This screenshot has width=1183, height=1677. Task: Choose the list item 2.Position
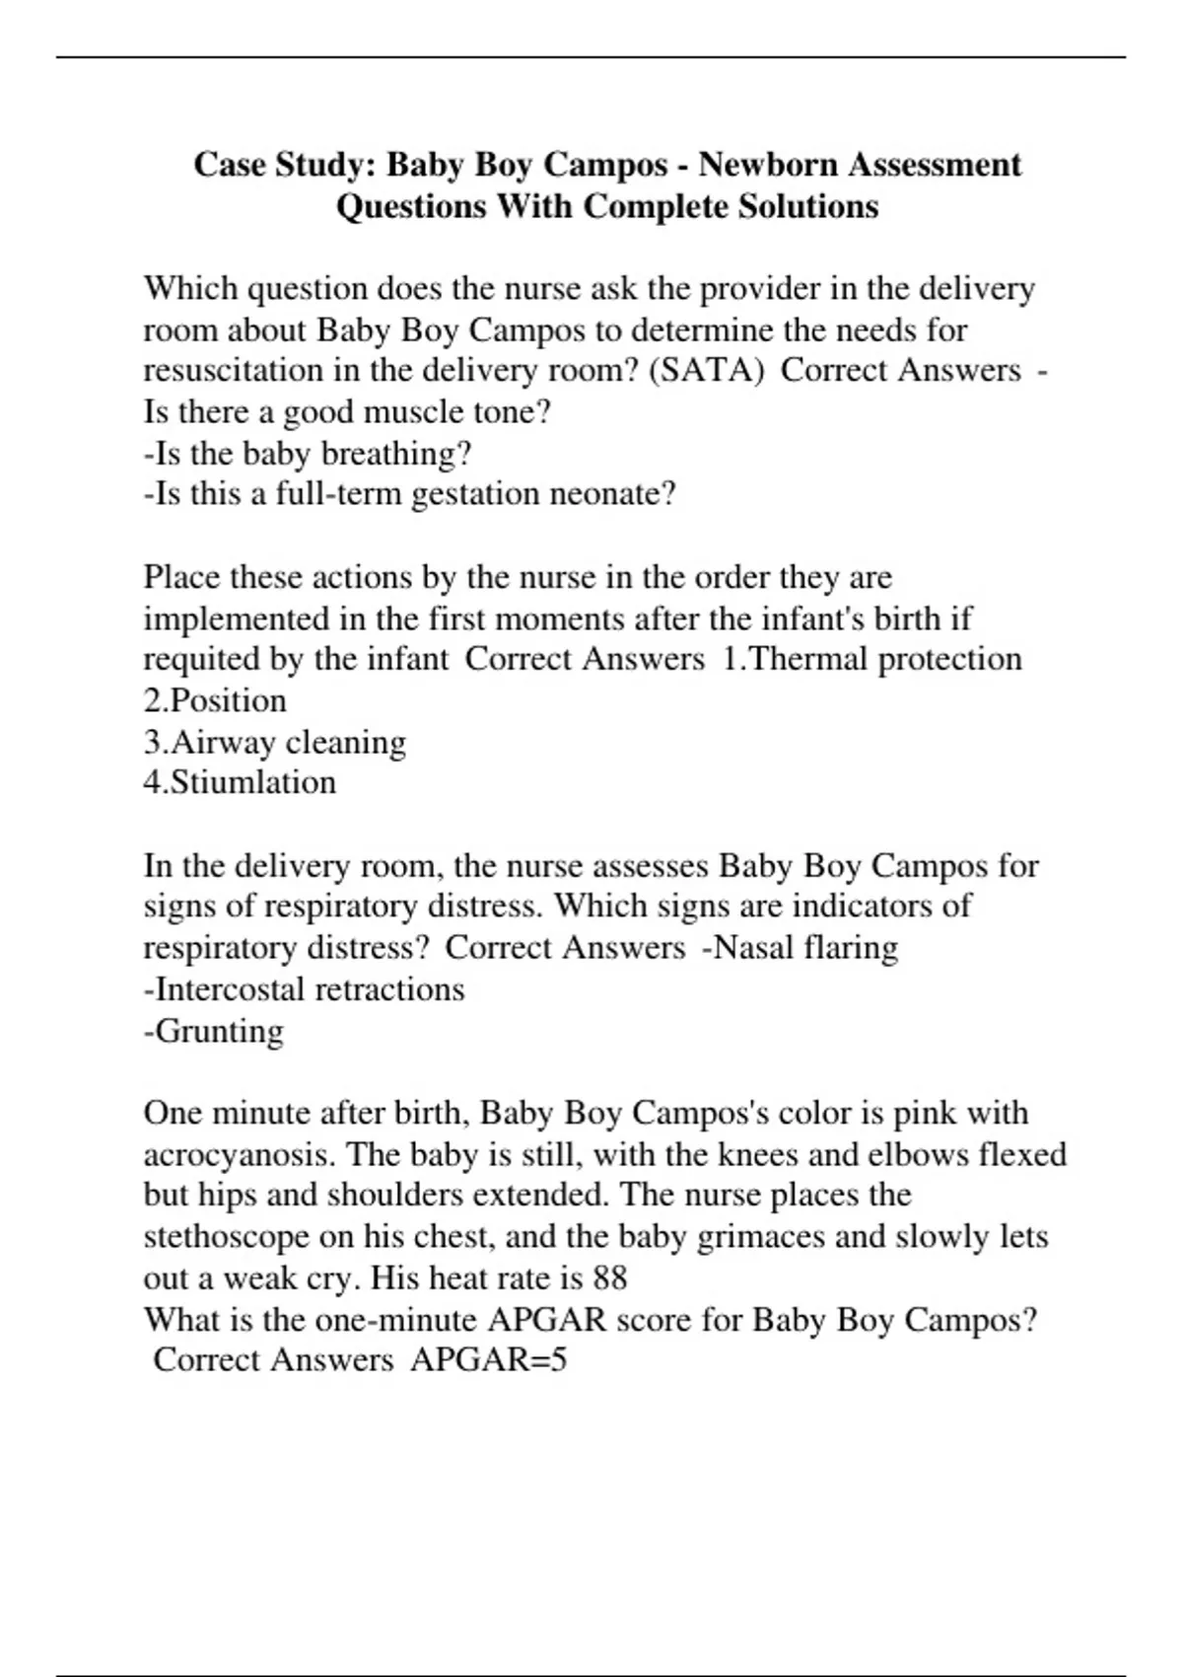click(x=215, y=700)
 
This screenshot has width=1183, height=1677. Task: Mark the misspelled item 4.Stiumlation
click(x=240, y=782)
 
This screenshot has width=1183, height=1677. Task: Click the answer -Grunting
click(x=214, y=1030)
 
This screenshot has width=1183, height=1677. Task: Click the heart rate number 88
click(x=609, y=1277)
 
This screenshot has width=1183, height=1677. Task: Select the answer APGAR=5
click(x=488, y=1359)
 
